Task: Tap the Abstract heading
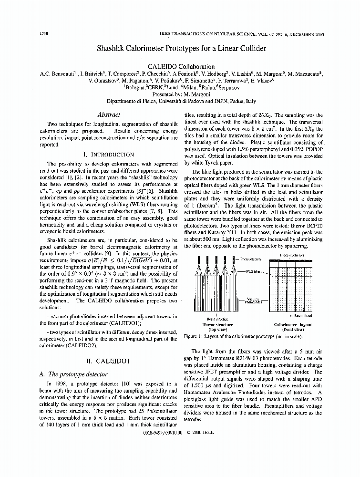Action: pyautogui.click(x=108, y=114)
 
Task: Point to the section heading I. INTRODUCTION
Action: pyautogui.click(x=108, y=155)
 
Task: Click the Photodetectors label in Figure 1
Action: pyautogui.click(x=251, y=259)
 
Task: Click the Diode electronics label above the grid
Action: pyautogui.click(x=292, y=255)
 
